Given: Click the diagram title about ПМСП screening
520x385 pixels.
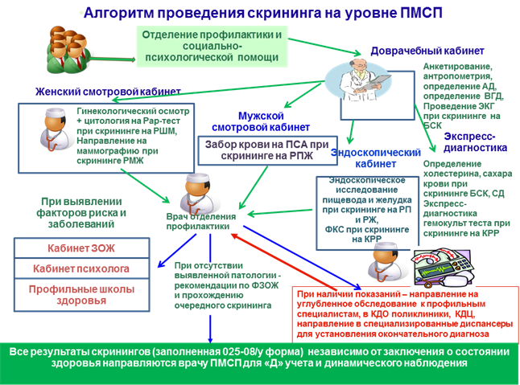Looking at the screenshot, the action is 262,13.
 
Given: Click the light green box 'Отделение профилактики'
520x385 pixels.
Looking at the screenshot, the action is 212,46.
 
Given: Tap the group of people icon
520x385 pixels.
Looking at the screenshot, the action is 68,50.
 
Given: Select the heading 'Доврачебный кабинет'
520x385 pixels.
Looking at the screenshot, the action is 427,51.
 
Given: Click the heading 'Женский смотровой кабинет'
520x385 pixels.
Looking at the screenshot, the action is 108,92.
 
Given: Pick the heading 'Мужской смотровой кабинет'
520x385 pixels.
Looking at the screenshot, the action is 261,121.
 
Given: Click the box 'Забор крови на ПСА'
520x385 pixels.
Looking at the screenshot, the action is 267,150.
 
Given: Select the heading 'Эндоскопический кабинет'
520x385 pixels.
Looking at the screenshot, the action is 376,158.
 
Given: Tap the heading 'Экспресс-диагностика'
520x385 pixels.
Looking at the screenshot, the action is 475,142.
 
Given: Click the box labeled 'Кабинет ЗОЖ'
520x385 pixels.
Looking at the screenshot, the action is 81,248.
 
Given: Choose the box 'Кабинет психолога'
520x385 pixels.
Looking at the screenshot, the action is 81,268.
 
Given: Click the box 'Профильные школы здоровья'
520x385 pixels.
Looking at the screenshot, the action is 81,295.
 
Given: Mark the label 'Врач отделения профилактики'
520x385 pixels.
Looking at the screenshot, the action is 201,222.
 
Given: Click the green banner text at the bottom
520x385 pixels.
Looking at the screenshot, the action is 259,358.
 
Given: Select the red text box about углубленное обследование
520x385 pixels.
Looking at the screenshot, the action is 405,314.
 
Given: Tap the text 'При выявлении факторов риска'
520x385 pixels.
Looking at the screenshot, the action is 81,213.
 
